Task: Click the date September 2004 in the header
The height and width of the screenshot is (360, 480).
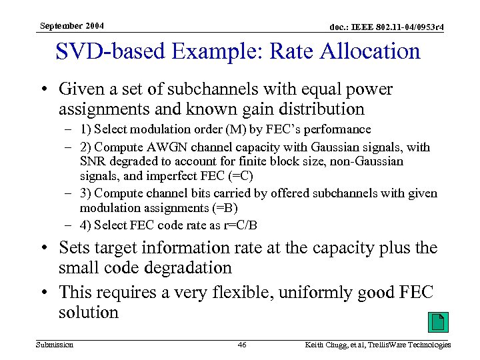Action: [71, 26]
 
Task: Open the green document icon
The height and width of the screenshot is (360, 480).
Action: [437, 323]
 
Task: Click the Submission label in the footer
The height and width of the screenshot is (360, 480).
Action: [56, 345]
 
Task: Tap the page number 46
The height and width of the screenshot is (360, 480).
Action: [242, 345]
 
